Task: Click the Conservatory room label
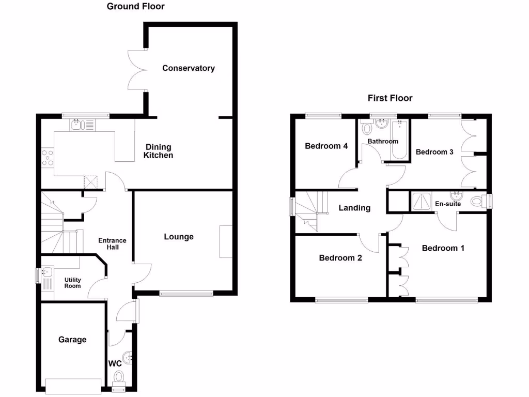pyautogui.click(x=188, y=68)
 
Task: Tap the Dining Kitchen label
pyautogui.click(x=158, y=151)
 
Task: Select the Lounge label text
pyautogui.click(x=179, y=237)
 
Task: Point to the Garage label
pyautogui.click(x=72, y=340)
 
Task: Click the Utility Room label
pyautogui.click(x=72, y=283)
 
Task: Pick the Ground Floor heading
pyautogui.click(x=136, y=7)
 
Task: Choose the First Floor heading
pyautogui.click(x=390, y=98)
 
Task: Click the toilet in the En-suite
pyautogui.click(x=477, y=201)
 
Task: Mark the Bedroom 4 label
pyautogui.click(x=326, y=146)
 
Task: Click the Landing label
pyautogui.click(x=354, y=208)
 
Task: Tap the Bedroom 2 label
pyautogui.click(x=340, y=258)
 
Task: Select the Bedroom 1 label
pyautogui.click(x=443, y=248)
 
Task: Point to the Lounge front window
pyautogui.click(x=186, y=294)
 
